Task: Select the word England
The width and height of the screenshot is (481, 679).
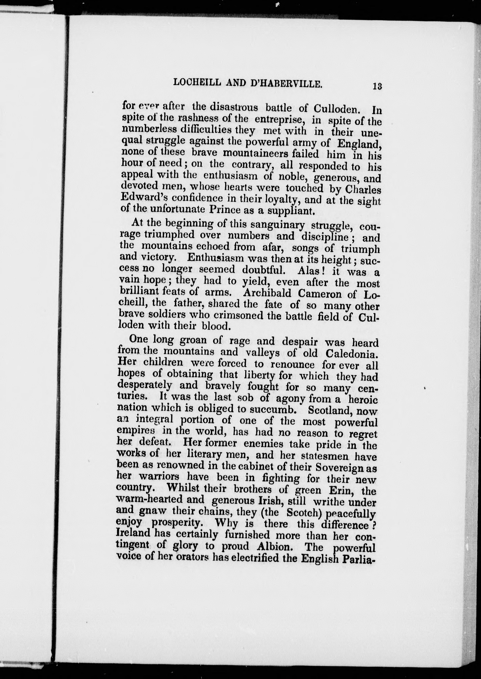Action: tap(359, 144)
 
